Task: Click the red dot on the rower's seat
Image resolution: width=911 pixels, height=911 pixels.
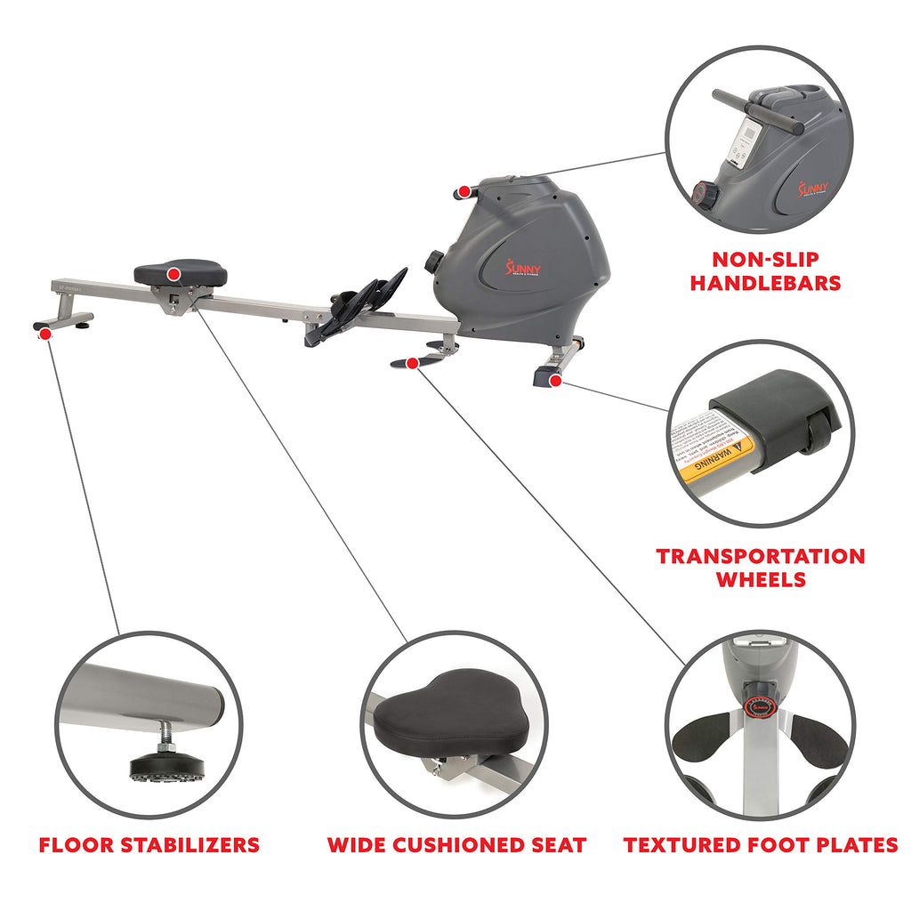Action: pos(174,273)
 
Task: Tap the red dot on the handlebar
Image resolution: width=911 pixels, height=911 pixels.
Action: pos(464,191)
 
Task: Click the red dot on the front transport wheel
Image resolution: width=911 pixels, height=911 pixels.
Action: pos(555,382)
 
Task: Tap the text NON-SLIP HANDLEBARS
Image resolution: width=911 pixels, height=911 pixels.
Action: pos(766,271)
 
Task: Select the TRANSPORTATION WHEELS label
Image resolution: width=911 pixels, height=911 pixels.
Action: pos(761,568)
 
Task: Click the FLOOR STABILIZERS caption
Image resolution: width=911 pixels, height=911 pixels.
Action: pos(149,844)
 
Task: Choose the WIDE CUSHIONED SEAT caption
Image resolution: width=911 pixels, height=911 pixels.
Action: pos(456,844)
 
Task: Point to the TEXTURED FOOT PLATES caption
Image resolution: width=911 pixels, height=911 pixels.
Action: pos(761,844)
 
